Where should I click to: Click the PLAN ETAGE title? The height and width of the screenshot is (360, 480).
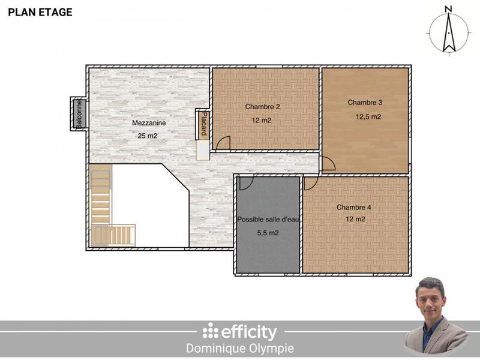click(40, 13)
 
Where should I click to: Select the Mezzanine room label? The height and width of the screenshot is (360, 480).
click(149, 123)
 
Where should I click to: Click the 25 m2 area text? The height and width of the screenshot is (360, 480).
click(148, 136)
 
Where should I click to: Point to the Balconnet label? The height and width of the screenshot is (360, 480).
click(79, 113)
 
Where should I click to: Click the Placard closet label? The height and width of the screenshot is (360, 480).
click(204, 124)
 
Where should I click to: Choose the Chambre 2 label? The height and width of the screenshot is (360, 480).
click(263, 107)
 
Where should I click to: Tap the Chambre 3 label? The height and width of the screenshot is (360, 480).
click(365, 103)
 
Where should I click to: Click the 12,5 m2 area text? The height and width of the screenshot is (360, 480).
click(368, 117)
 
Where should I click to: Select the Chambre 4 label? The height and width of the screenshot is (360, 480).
click(354, 208)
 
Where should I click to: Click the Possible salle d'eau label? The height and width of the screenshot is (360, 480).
click(268, 220)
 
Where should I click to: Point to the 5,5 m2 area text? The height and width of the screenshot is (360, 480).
click(268, 233)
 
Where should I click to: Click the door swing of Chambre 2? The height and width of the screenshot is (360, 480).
click(223, 143)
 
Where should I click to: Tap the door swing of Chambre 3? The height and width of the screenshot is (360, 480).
click(328, 164)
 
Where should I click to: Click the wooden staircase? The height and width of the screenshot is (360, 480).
click(102, 207)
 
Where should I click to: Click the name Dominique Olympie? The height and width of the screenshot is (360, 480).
click(240, 349)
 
